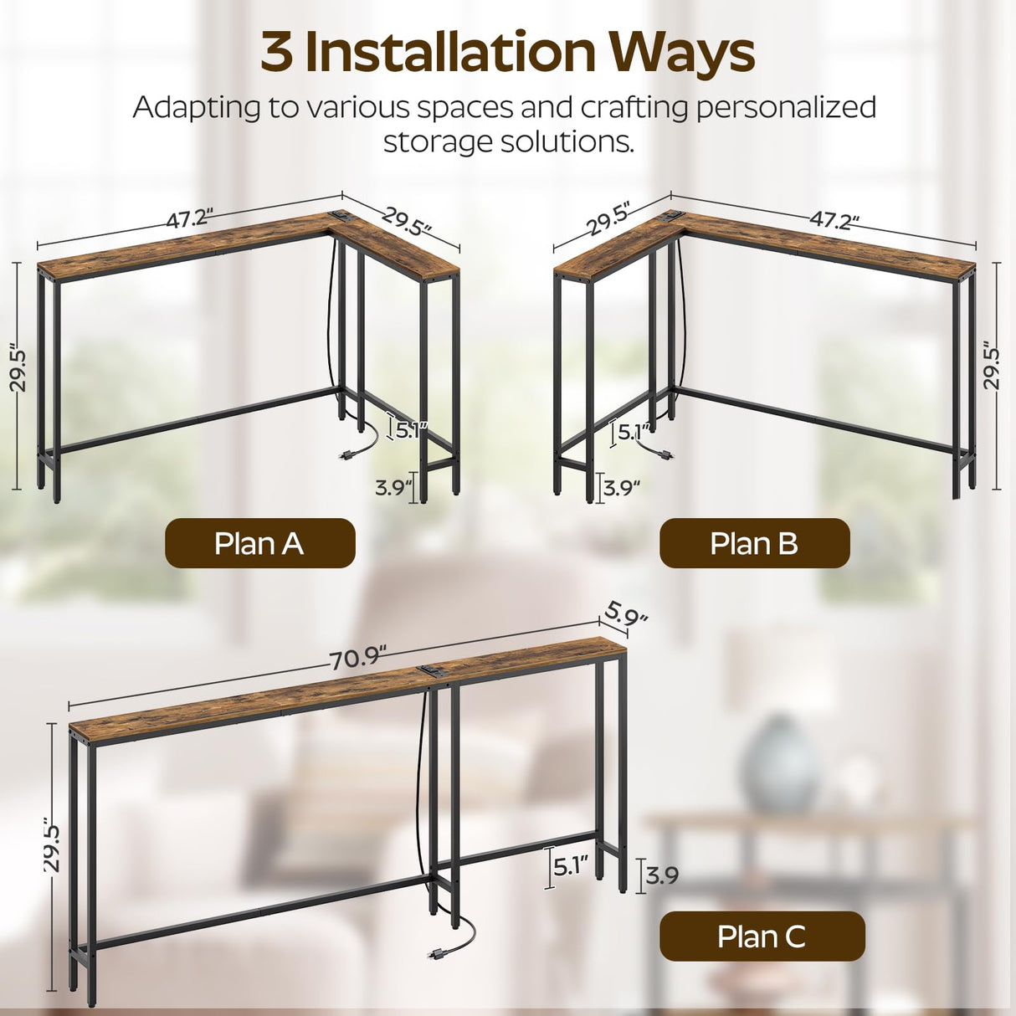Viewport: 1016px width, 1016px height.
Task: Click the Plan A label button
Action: point(259,543)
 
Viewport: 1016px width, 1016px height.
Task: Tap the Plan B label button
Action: point(754,543)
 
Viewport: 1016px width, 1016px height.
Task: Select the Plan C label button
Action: point(762,936)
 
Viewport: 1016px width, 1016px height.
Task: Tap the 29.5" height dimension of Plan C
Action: point(52,849)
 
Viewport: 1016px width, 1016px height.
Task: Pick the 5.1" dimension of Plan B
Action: point(633,433)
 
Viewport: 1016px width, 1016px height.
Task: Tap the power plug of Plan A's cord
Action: point(345,456)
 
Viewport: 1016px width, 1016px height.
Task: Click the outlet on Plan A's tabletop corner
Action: point(339,216)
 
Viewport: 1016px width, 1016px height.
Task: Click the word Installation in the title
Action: point(450,52)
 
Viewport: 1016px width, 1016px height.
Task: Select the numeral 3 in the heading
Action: point(276,52)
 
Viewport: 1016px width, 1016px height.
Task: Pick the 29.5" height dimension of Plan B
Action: point(992,365)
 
